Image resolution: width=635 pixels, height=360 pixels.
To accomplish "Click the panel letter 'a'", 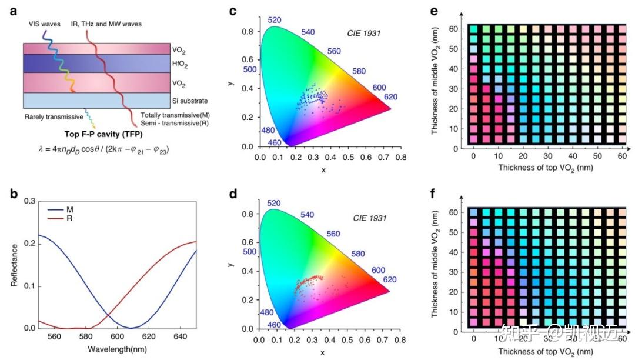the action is click(x=14, y=11).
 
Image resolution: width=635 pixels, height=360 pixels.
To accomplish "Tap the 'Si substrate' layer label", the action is click(x=189, y=101).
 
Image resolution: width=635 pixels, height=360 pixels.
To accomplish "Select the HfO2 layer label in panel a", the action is click(x=180, y=64).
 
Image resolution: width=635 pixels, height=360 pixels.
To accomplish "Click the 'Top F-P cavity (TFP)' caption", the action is click(x=103, y=134).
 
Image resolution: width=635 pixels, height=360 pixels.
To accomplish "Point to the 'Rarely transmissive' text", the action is click(x=54, y=117).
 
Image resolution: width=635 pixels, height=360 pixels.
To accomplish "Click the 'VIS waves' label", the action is click(x=45, y=24).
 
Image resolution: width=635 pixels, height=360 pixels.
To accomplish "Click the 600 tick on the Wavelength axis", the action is click(x=118, y=336).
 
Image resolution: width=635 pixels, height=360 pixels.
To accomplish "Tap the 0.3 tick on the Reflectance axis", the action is click(x=30, y=201).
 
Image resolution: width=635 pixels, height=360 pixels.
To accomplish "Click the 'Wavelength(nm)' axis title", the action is click(x=118, y=349).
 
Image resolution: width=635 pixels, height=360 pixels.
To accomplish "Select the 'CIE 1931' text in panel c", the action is click(x=364, y=33).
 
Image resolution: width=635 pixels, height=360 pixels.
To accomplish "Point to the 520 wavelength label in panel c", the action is click(x=274, y=20).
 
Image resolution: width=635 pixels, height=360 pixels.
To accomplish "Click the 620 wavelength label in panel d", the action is click(x=390, y=279).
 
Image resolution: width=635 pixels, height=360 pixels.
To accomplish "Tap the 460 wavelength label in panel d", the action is click(x=274, y=325).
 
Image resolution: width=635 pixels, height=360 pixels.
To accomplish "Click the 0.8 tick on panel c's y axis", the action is click(x=248, y=31).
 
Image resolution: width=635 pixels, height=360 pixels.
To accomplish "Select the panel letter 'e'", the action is click(x=434, y=11).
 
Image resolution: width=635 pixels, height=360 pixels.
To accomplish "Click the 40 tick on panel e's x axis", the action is click(x=573, y=156).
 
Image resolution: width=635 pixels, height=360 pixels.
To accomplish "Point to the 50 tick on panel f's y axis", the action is click(x=453, y=232).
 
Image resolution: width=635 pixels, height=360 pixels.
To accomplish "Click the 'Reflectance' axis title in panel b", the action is click(x=14, y=265).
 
